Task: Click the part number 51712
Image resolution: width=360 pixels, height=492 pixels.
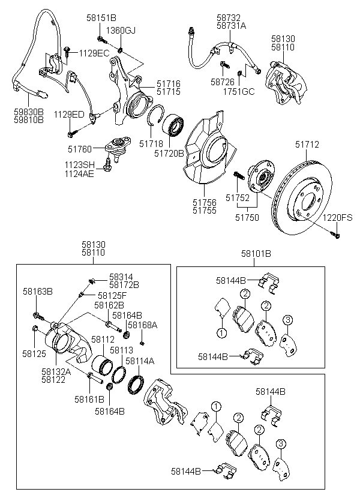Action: (307, 144)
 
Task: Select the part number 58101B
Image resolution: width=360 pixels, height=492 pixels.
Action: (257, 253)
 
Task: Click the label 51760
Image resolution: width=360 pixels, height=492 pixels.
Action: (80, 149)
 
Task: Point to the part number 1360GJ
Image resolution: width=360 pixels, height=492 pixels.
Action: (121, 30)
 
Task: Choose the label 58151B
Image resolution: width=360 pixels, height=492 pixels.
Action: (103, 18)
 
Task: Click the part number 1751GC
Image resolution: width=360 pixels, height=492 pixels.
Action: (239, 91)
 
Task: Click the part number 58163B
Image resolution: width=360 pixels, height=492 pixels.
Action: (38, 292)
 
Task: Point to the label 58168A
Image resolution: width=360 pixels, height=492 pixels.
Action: (142, 325)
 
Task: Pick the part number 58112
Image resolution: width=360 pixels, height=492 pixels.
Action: (103, 340)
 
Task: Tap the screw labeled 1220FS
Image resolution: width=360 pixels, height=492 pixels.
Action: (337, 236)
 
